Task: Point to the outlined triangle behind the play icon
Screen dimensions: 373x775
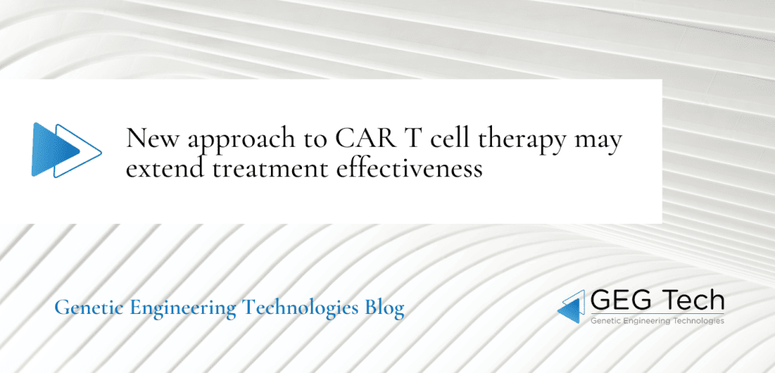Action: [88, 149]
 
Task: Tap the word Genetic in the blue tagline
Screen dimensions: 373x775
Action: [83, 309]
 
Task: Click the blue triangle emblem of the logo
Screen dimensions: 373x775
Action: [571, 306]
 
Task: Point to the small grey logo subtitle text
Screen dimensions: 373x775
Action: [655, 321]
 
